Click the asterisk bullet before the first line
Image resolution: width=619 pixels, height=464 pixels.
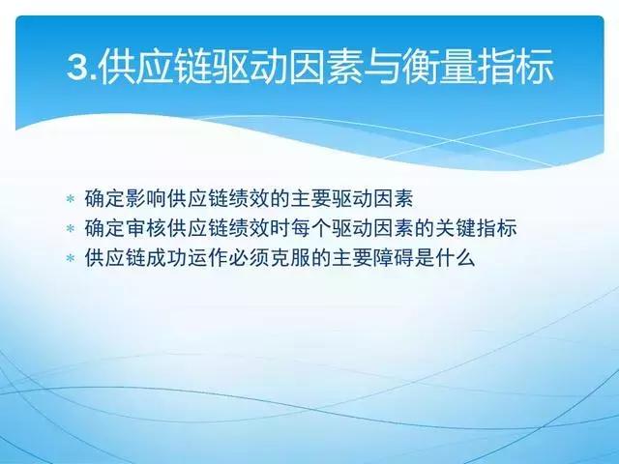(70, 199)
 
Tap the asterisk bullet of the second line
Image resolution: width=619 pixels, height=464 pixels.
(70, 229)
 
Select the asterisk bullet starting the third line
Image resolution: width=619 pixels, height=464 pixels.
(70, 260)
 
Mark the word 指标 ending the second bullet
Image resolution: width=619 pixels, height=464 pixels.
(506, 228)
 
